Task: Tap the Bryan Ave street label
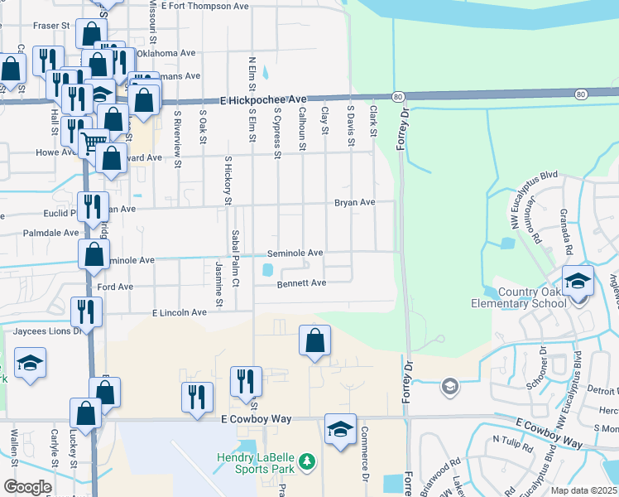(x=354, y=202)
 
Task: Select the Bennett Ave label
(x=301, y=282)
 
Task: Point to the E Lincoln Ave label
(x=179, y=312)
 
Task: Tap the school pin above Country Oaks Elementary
(x=578, y=281)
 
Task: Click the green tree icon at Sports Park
(x=307, y=461)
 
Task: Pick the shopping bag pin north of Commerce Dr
(x=314, y=340)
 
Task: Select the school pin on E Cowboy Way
(x=340, y=429)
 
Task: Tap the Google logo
(x=26, y=487)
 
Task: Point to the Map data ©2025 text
(x=583, y=490)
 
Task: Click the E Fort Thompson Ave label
(x=205, y=6)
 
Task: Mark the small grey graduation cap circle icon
(x=449, y=386)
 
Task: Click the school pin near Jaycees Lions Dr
(x=30, y=363)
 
